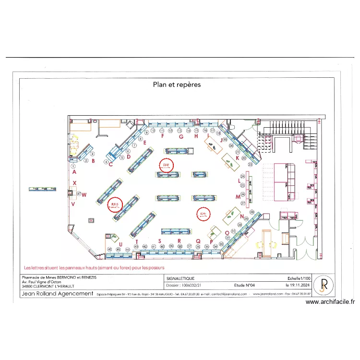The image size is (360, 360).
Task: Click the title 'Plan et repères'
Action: point(177,84)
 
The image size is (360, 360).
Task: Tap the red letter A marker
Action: point(74,171)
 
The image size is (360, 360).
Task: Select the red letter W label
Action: point(84,194)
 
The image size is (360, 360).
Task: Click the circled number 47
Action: point(79,194)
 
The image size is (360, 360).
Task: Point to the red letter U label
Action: point(120,244)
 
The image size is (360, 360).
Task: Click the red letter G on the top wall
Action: point(181,136)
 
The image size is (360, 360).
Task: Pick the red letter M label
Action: point(237,197)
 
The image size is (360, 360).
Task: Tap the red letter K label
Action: point(237,157)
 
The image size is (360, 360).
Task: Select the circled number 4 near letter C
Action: point(105,162)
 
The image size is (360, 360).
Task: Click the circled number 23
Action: point(250,164)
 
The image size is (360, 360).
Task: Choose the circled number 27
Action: point(243,203)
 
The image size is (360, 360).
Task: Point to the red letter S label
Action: point(159,240)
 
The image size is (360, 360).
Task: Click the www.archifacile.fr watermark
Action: point(330,302)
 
